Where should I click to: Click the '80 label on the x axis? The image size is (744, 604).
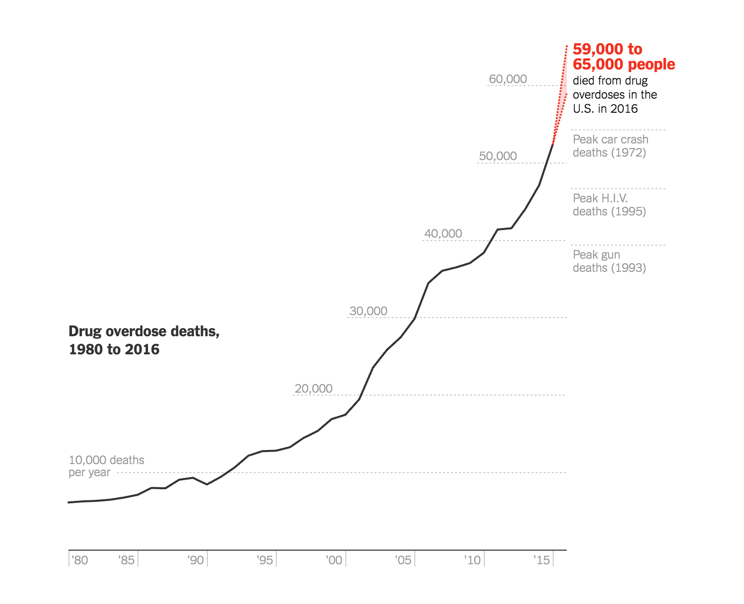pyautogui.click(x=80, y=560)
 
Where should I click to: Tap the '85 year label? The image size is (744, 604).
pyautogui.click(x=126, y=560)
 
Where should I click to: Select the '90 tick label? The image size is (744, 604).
pyautogui.click(x=196, y=560)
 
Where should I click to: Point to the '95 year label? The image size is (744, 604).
pyautogui.click(x=265, y=560)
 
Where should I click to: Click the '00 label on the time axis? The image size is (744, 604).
pyautogui.click(x=334, y=560)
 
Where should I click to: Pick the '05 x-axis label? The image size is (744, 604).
pyautogui.click(x=403, y=560)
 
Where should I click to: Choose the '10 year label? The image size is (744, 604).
pyautogui.click(x=473, y=560)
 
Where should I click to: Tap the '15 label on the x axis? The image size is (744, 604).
pyautogui.click(x=542, y=560)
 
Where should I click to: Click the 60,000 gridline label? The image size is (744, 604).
pyautogui.click(x=508, y=79)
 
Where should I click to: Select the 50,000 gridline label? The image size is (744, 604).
pyautogui.click(x=498, y=156)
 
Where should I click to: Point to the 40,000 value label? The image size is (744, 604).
pyautogui.click(x=443, y=234)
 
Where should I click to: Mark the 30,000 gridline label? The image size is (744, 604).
pyautogui.click(x=368, y=311)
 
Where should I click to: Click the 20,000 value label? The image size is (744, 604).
pyautogui.click(x=314, y=389)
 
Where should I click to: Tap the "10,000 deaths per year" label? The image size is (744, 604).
pyautogui.click(x=106, y=466)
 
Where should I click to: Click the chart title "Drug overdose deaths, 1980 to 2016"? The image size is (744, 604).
pyautogui.click(x=144, y=340)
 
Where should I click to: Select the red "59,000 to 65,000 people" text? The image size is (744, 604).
pyautogui.click(x=624, y=56)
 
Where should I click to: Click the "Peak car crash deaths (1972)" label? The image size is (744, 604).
pyautogui.click(x=610, y=146)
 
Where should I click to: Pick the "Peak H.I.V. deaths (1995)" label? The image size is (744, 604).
pyautogui.click(x=609, y=205)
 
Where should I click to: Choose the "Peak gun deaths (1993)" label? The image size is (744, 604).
pyautogui.click(x=609, y=261)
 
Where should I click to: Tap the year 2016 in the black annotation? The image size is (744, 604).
pyautogui.click(x=624, y=109)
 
